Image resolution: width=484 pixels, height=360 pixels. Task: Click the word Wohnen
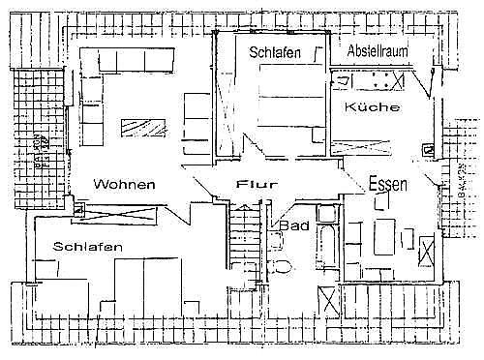click(x=124, y=184)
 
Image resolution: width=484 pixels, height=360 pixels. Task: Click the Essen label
click(x=388, y=183)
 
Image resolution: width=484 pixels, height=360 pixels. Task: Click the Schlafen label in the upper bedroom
click(x=274, y=52)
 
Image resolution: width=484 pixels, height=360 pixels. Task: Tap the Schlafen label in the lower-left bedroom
click(x=88, y=247)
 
